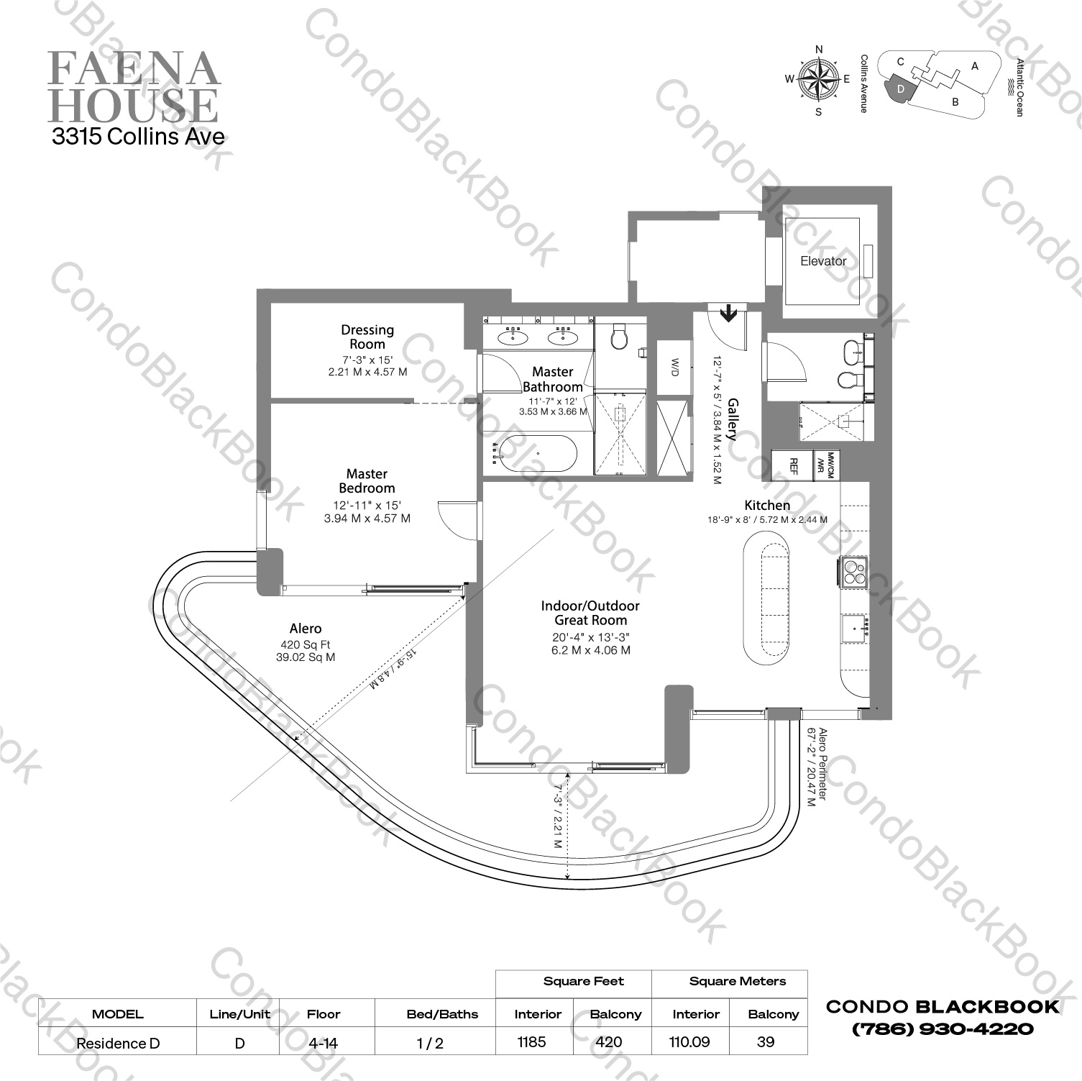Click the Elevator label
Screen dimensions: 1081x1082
coord(823,261)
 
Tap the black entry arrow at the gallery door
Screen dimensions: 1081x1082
coord(728,312)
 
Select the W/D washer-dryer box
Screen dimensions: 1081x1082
coord(674,368)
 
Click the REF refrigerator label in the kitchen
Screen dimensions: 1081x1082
coord(794,466)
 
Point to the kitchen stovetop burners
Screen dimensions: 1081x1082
coord(854,572)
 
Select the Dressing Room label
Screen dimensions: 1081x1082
coord(367,337)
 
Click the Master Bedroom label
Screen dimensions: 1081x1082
coord(367,480)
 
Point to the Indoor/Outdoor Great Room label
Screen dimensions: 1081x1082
coord(590,613)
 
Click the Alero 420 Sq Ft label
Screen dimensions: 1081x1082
coord(306,642)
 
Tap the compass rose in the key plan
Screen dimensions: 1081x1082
coord(819,79)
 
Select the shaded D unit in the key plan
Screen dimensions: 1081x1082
coord(901,88)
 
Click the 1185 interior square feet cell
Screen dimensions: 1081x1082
coord(532,1041)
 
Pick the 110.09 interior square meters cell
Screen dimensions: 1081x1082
coord(689,1041)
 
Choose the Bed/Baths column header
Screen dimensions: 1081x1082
coord(442,1014)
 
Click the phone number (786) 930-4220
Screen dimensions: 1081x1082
coord(943,1029)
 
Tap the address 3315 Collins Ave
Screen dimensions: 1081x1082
coord(138,137)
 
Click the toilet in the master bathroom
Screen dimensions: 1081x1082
coord(618,336)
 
